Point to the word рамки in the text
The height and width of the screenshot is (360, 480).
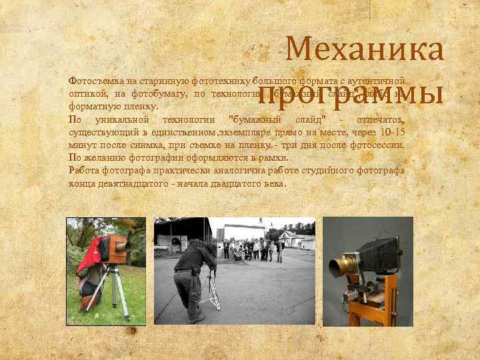point(271,158)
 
